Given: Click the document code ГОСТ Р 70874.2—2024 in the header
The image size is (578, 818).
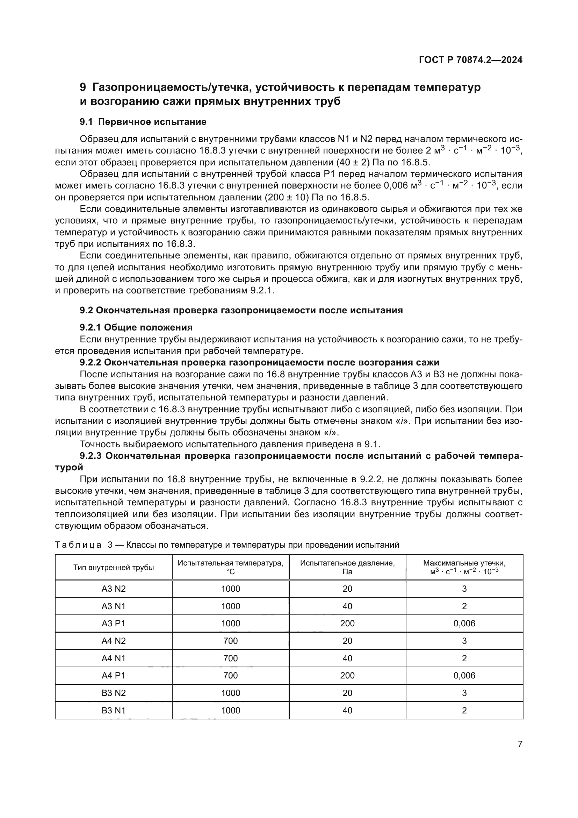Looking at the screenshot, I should pos(470,60).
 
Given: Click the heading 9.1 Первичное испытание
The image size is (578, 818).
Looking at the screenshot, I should pos(143,122).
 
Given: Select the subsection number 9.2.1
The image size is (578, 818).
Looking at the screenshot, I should pos(91,327).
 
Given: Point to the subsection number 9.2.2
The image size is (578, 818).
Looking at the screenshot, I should pos(91,362).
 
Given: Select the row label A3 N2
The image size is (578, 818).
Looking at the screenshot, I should pos(114,589).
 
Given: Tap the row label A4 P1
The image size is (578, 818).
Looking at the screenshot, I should pos(114,676).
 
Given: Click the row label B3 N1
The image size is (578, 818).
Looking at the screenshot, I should pos(114,710).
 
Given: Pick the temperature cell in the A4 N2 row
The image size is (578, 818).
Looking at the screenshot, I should pos(230,641).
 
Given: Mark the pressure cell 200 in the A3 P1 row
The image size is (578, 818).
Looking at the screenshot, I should pos(347,623).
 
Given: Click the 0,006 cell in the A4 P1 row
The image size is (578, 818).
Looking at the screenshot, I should pos(464,676).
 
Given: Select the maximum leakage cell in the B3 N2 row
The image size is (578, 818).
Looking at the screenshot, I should pos(464,693).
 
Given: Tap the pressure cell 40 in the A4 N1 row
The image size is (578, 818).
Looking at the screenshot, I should pos(347,658).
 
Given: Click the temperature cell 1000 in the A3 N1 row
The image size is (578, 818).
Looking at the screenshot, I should pos(230,606).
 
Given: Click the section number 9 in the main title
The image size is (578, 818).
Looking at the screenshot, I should pos(83,87).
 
